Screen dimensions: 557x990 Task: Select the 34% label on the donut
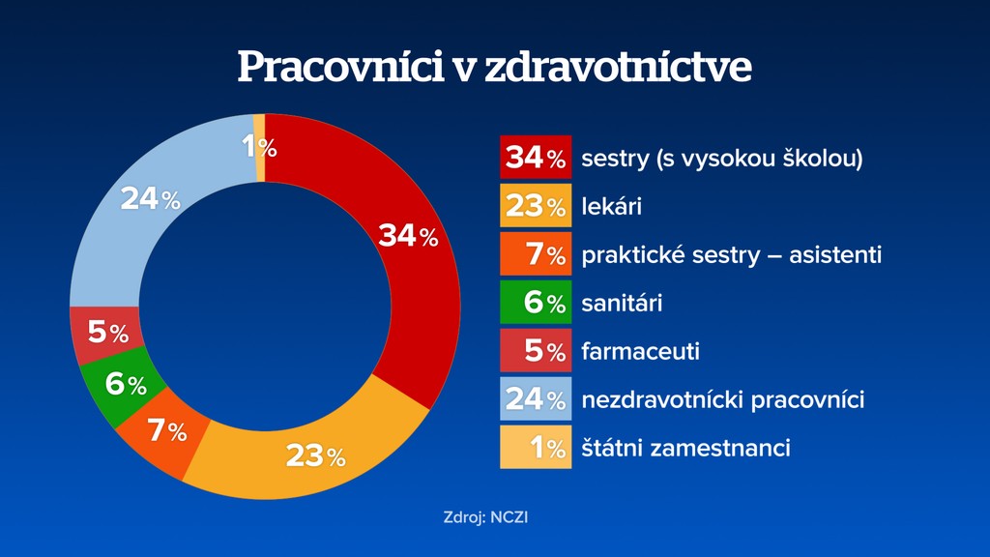pos(408,236)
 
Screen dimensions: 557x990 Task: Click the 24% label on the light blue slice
pos(150,199)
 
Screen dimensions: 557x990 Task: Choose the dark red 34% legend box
pos(534,159)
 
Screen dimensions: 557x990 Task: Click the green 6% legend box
pos(534,303)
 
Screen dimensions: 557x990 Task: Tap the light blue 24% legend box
pos(534,399)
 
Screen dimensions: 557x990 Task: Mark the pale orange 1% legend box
pos(534,448)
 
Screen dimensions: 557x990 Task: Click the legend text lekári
pos(611,207)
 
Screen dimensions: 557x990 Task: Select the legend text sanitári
pos(622,303)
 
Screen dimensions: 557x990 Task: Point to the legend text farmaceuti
pos(640,351)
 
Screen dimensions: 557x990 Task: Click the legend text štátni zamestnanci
pos(685,448)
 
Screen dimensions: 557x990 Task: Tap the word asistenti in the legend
pos(836,255)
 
